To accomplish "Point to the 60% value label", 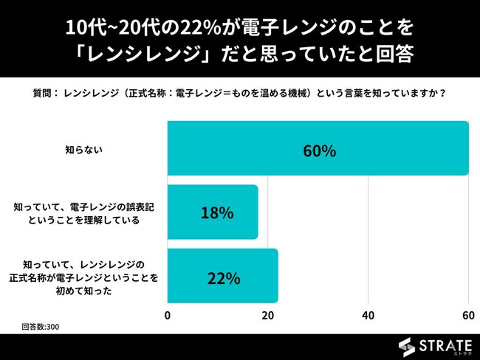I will click(x=319, y=150).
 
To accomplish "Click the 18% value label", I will click(x=217, y=213).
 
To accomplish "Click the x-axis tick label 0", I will click(x=168, y=315).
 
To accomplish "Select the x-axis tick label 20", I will click(x=267, y=315).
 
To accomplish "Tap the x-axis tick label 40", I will click(x=368, y=315).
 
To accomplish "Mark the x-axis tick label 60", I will click(x=467, y=315).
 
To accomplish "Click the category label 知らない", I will click(x=84, y=148).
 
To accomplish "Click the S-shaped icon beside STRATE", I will click(x=406, y=345).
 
